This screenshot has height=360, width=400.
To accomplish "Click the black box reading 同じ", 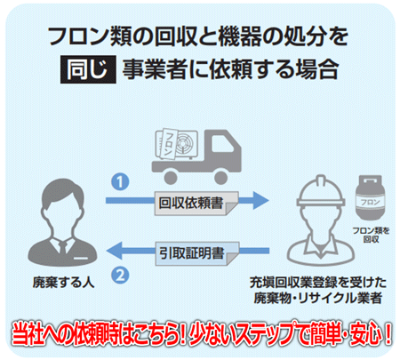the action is pyautogui.click(x=88, y=69).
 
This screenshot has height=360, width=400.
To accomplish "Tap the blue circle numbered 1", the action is pyautogui.click(x=120, y=181).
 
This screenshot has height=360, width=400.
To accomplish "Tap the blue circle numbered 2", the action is pyautogui.click(x=120, y=276).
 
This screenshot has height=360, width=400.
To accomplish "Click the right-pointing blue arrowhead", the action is pyautogui.click(x=260, y=200).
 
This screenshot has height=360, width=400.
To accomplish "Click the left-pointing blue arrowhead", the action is pyautogui.click(x=115, y=251).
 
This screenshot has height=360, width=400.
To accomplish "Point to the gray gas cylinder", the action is pyautogui.click(x=370, y=197).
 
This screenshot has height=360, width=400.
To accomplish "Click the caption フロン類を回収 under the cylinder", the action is pyautogui.click(x=371, y=235).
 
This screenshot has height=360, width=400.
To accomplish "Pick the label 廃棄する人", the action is pyautogui.click(x=63, y=283).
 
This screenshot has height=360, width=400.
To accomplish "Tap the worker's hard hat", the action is pyautogui.click(x=321, y=191).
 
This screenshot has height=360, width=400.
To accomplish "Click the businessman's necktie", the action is pyautogui.click(x=63, y=247).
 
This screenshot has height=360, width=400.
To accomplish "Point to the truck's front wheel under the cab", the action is pyautogui.click(x=220, y=178).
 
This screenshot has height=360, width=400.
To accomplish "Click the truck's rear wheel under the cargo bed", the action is pyautogui.click(x=171, y=178).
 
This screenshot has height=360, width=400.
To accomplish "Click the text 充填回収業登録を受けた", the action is pyautogui.click(x=318, y=283).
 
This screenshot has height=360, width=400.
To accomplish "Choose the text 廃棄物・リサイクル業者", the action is pyautogui.click(x=317, y=298).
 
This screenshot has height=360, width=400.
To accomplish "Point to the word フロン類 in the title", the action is pyautogui.click(x=91, y=37).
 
